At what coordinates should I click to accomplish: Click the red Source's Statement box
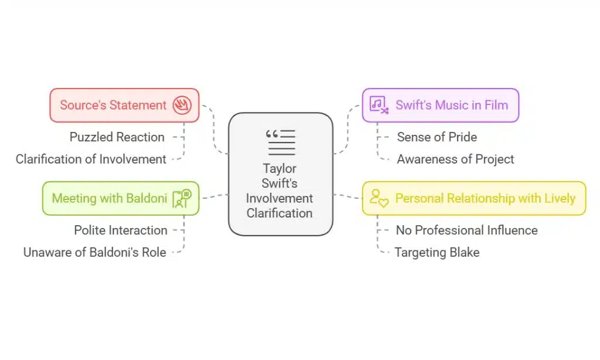coord(124,106)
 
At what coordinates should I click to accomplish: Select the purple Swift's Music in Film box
coord(440,106)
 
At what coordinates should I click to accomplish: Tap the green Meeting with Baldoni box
coord(120,198)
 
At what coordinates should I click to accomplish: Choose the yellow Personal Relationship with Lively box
coord(473,198)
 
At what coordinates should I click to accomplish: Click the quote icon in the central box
coord(280,142)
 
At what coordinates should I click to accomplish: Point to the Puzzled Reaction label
coord(117,137)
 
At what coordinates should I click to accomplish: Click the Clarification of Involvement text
coord(91,159)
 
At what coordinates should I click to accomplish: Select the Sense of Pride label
coord(437,137)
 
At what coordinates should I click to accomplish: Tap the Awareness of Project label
coord(455,159)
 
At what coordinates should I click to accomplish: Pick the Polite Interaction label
coord(120,230)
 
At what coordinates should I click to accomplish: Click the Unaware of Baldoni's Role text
coord(94,253)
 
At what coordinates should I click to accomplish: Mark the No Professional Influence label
coord(466,230)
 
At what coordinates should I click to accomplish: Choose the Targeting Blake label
coord(437,253)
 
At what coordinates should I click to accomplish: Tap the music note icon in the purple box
coord(379,106)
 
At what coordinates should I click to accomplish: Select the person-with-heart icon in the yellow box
coord(379,198)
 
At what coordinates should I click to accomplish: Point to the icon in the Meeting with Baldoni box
coord(182,198)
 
